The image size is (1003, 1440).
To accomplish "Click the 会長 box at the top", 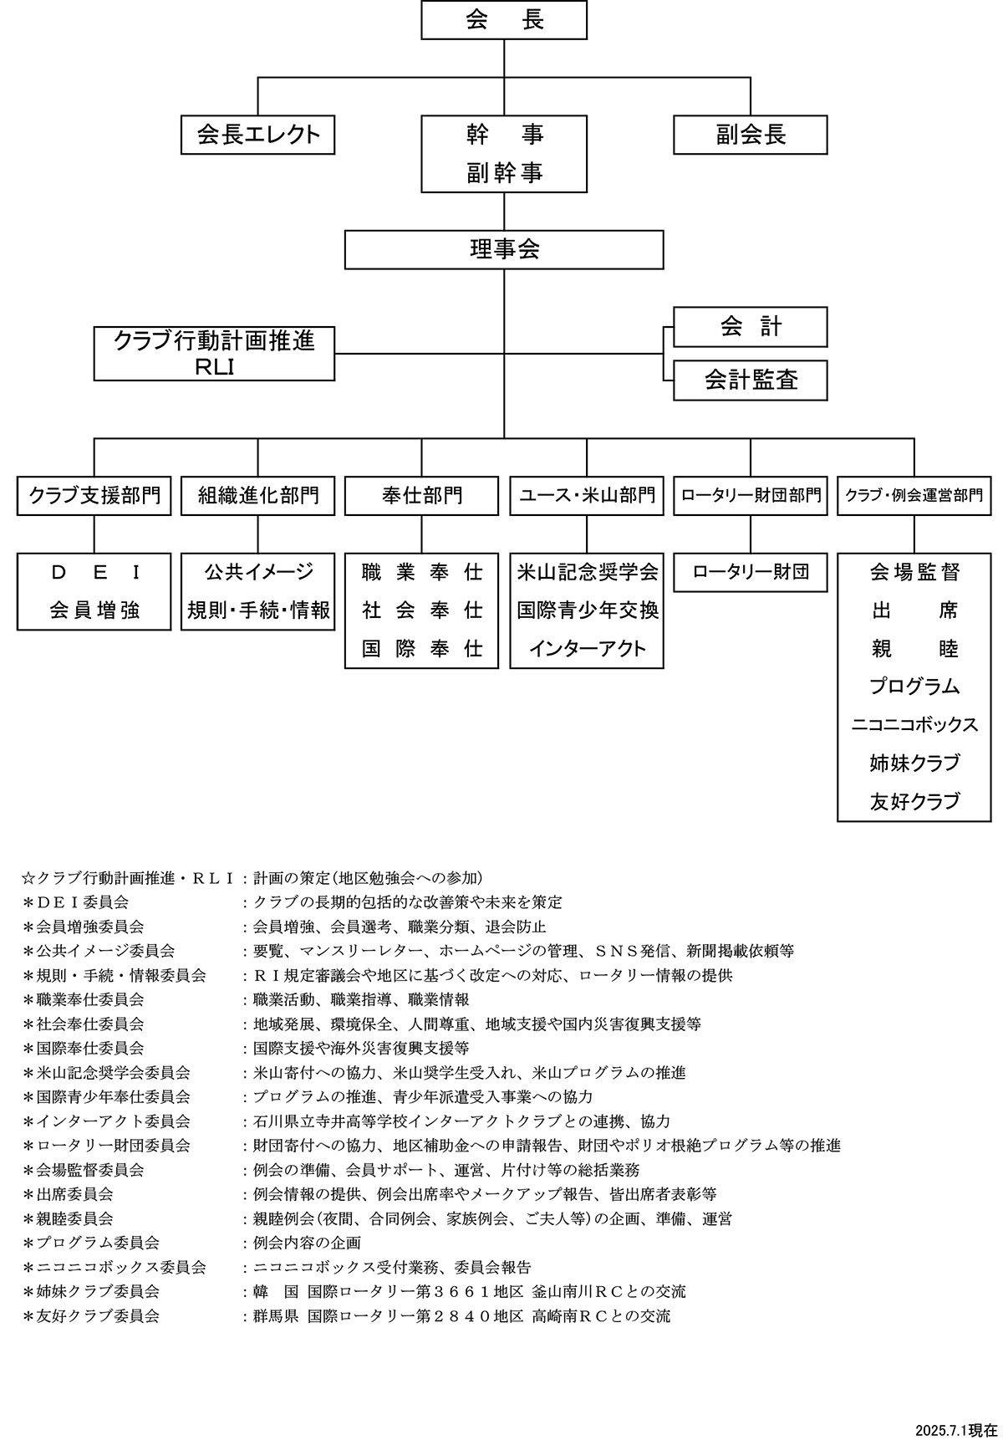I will pos(504,20).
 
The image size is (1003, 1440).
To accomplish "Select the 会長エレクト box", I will pos(257,135).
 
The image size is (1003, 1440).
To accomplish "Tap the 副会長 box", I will pos(750,135).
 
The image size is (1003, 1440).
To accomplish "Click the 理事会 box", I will pos(504,249).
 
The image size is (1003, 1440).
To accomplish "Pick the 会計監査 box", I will pos(750,380).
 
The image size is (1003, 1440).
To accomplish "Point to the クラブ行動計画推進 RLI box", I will pos(214,354).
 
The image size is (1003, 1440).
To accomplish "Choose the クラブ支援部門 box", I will pos(94,496).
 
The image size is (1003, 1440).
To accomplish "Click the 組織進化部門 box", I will pos(257,496).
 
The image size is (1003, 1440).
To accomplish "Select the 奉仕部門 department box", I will pos(421,496).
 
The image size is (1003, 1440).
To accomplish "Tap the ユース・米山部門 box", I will pos(587,496).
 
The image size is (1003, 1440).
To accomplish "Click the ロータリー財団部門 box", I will pos(750,496).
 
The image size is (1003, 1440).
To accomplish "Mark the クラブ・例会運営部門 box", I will pos(914,496).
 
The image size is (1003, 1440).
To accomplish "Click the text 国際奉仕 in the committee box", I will pos(421,649).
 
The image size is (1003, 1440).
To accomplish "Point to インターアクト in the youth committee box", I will pos(587,649).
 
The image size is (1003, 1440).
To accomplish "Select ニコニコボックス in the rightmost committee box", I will pos(914,725).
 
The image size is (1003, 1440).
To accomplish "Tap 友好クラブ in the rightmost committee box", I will pos(914,802).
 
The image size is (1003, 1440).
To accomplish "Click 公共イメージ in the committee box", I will pos(257,572).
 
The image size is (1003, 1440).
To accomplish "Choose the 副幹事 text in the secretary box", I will pos(504,173).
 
